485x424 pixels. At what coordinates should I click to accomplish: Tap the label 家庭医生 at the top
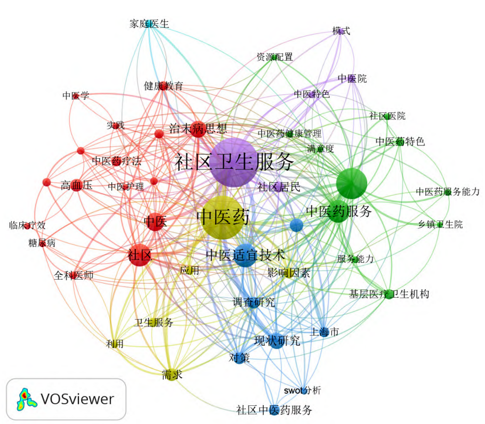[149, 23]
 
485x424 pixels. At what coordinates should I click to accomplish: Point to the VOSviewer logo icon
[25, 398]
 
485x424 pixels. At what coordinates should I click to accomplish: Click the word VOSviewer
[77, 399]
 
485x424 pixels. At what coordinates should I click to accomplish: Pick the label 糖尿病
[42, 243]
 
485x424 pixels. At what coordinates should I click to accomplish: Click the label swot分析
[302, 390]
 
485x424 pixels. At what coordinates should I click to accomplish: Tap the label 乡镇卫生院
[440, 225]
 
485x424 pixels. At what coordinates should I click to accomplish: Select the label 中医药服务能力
[448, 192]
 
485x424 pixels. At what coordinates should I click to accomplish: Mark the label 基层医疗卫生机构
[389, 294]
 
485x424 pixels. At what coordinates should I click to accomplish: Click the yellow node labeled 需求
[172, 375]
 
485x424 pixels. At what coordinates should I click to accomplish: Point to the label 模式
[341, 31]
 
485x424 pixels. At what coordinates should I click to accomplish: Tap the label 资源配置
[274, 57]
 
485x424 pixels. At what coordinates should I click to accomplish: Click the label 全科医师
[74, 275]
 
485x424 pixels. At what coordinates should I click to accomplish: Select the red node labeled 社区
[139, 255]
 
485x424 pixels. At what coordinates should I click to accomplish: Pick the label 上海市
[325, 332]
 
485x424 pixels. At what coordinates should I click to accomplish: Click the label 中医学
[76, 96]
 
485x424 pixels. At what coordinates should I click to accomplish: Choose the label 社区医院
[387, 116]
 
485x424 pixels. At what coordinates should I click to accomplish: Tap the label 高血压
[76, 185]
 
